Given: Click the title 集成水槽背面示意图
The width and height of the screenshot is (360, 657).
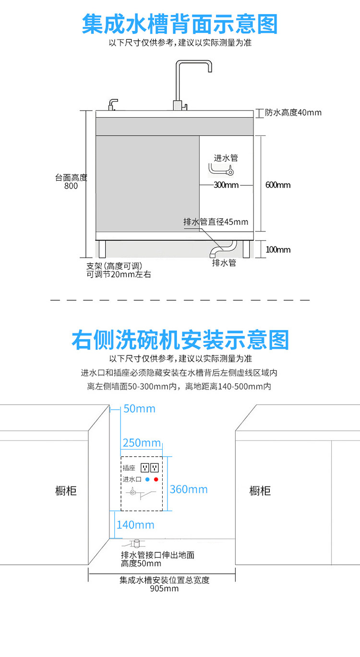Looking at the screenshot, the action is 180,24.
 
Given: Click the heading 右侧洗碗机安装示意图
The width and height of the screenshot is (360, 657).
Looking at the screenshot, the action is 180,340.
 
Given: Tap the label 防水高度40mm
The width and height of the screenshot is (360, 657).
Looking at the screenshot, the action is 293,113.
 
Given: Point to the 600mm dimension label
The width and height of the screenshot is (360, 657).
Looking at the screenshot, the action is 278,185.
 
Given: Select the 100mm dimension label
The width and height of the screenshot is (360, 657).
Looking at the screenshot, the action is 278,250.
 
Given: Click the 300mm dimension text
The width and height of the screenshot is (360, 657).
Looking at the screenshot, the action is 226,185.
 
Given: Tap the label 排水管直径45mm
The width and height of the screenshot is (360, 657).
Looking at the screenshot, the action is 216,222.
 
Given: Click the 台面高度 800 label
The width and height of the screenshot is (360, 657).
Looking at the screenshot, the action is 71,182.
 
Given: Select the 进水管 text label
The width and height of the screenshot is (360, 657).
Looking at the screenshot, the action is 226,158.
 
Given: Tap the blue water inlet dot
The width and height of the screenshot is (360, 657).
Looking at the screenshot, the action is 148,479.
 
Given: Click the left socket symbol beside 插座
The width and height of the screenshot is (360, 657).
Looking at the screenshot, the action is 145,467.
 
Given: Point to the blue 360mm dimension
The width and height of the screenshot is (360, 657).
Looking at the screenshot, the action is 189,489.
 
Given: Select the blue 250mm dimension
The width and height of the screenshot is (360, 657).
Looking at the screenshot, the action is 142,442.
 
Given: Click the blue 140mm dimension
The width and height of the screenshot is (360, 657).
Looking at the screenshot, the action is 135,525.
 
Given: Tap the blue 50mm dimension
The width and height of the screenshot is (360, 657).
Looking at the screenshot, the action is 139,409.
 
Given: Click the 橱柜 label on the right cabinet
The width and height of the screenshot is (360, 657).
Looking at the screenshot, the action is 260,491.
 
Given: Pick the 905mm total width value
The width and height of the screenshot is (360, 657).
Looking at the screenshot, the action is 164,589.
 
